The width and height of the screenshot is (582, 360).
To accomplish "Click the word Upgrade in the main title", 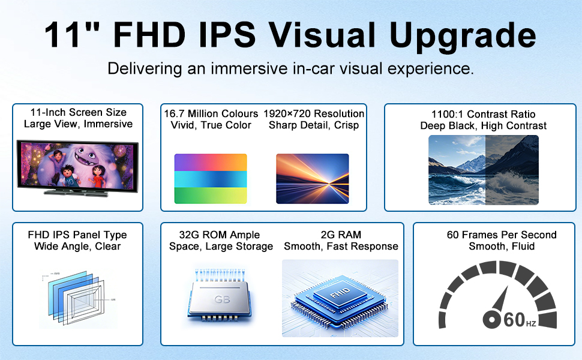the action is pyautogui.click(x=463, y=35).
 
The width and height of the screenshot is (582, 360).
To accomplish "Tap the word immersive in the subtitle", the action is pyautogui.click(x=249, y=68).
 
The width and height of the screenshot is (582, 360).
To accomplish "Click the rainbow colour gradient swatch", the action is pyautogui.click(x=211, y=179).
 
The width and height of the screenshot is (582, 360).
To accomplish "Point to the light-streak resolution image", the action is pyautogui.click(x=313, y=179).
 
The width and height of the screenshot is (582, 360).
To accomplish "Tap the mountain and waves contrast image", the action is pyautogui.click(x=483, y=170).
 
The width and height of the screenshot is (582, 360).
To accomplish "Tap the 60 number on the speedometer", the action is pyautogui.click(x=514, y=320).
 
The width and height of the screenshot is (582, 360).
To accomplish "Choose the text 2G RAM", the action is pyautogui.click(x=341, y=235).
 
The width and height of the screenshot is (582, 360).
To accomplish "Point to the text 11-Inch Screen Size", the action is pyautogui.click(x=79, y=112).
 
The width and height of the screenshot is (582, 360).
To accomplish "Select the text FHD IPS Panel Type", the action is pyautogui.click(x=77, y=235).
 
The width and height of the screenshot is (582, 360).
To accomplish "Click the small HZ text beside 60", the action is pyautogui.click(x=531, y=323).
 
